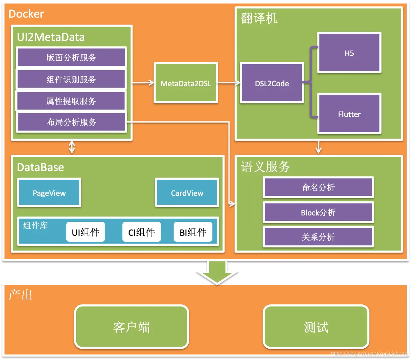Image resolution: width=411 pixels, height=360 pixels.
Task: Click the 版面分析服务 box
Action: tap(71, 57)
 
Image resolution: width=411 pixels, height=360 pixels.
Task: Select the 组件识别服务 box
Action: tap(71, 79)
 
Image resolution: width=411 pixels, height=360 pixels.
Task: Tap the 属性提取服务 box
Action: tap(71, 101)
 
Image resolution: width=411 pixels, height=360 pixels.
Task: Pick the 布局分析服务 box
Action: tap(71, 122)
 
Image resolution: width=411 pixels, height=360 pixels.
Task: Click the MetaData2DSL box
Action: tap(186, 83)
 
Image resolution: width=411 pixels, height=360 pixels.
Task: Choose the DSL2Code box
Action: tap(272, 83)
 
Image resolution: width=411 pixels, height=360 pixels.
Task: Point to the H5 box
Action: tap(349, 53)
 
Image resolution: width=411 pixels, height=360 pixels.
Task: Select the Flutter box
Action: tap(349, 114)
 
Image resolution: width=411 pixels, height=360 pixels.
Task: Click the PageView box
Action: tap(49, 192)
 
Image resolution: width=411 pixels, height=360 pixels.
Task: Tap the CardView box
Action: tap(187, 192)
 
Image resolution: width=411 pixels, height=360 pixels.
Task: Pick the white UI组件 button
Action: tap(85, 232)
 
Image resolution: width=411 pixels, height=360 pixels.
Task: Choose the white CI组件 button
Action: tap(142, 232)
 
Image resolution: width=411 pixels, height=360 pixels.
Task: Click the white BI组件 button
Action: tap(193, 232)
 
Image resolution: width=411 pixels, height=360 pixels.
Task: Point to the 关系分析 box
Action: tap(318, 237)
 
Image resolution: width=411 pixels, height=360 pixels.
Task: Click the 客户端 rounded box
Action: tap(132, 327)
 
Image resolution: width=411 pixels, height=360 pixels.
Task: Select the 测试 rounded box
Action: tap(316, 327)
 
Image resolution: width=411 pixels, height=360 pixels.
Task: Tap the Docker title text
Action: tap(26, 14)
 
